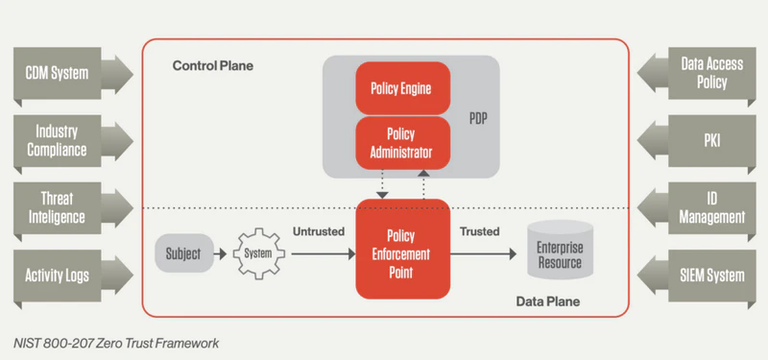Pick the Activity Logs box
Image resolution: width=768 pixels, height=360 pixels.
60,276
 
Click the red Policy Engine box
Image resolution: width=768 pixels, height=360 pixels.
401,88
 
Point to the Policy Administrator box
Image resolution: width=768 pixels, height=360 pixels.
401,143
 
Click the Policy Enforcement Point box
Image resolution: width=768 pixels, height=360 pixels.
401,252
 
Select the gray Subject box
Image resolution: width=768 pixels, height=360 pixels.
182,254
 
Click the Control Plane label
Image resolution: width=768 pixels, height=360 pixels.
219,66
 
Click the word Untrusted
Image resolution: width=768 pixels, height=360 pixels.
319,232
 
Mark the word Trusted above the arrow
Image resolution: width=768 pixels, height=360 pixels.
479,232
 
